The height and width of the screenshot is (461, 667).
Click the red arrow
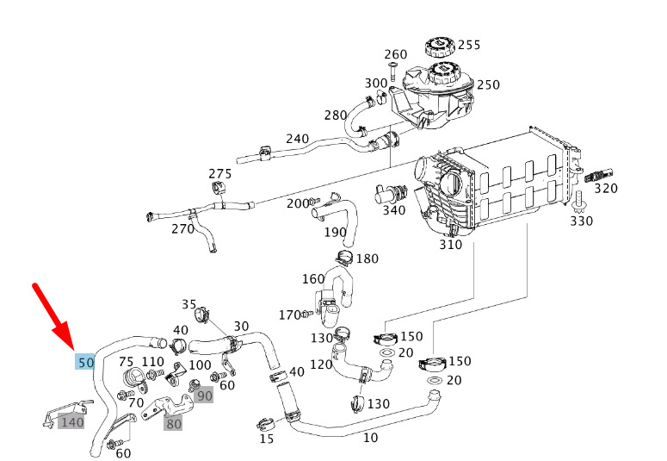click(x=53, y=315)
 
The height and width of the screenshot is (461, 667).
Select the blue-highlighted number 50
click(x=84, y=362)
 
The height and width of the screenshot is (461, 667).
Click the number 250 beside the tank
click(x=488, y=84)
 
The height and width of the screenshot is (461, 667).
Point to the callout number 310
click(x=450, y=244)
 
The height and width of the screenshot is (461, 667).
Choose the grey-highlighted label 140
click(x=71, y=421)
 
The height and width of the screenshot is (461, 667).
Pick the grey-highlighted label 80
click(x=174, y=422)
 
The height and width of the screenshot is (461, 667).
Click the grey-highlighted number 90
click(x=204, y=396)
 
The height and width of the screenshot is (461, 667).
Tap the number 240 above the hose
click(x=297, y=139)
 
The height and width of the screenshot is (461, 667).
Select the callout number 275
click(x=220, y=173)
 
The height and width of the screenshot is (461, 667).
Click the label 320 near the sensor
click(x=606, y=188)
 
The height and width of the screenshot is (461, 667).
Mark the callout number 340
click(x=393, y=209)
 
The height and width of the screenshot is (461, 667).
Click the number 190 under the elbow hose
click(x=335, y=232)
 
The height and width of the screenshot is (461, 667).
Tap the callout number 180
click(x=367, y=259)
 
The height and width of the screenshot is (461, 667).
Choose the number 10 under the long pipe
click(x=370, y=437)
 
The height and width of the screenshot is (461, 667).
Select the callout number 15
click(x=267, y=439)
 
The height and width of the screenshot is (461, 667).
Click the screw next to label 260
click(x=392, y=71)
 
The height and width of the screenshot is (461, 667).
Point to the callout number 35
click(x=189, y=304)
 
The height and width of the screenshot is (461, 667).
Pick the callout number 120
click(x=321, y=364)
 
